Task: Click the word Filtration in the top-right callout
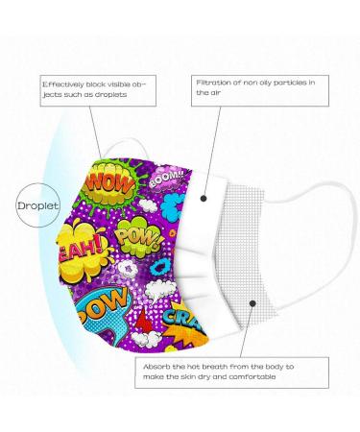coord(212,84)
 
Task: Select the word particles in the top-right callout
coord(291,84)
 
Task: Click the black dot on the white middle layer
coord(207,200)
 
